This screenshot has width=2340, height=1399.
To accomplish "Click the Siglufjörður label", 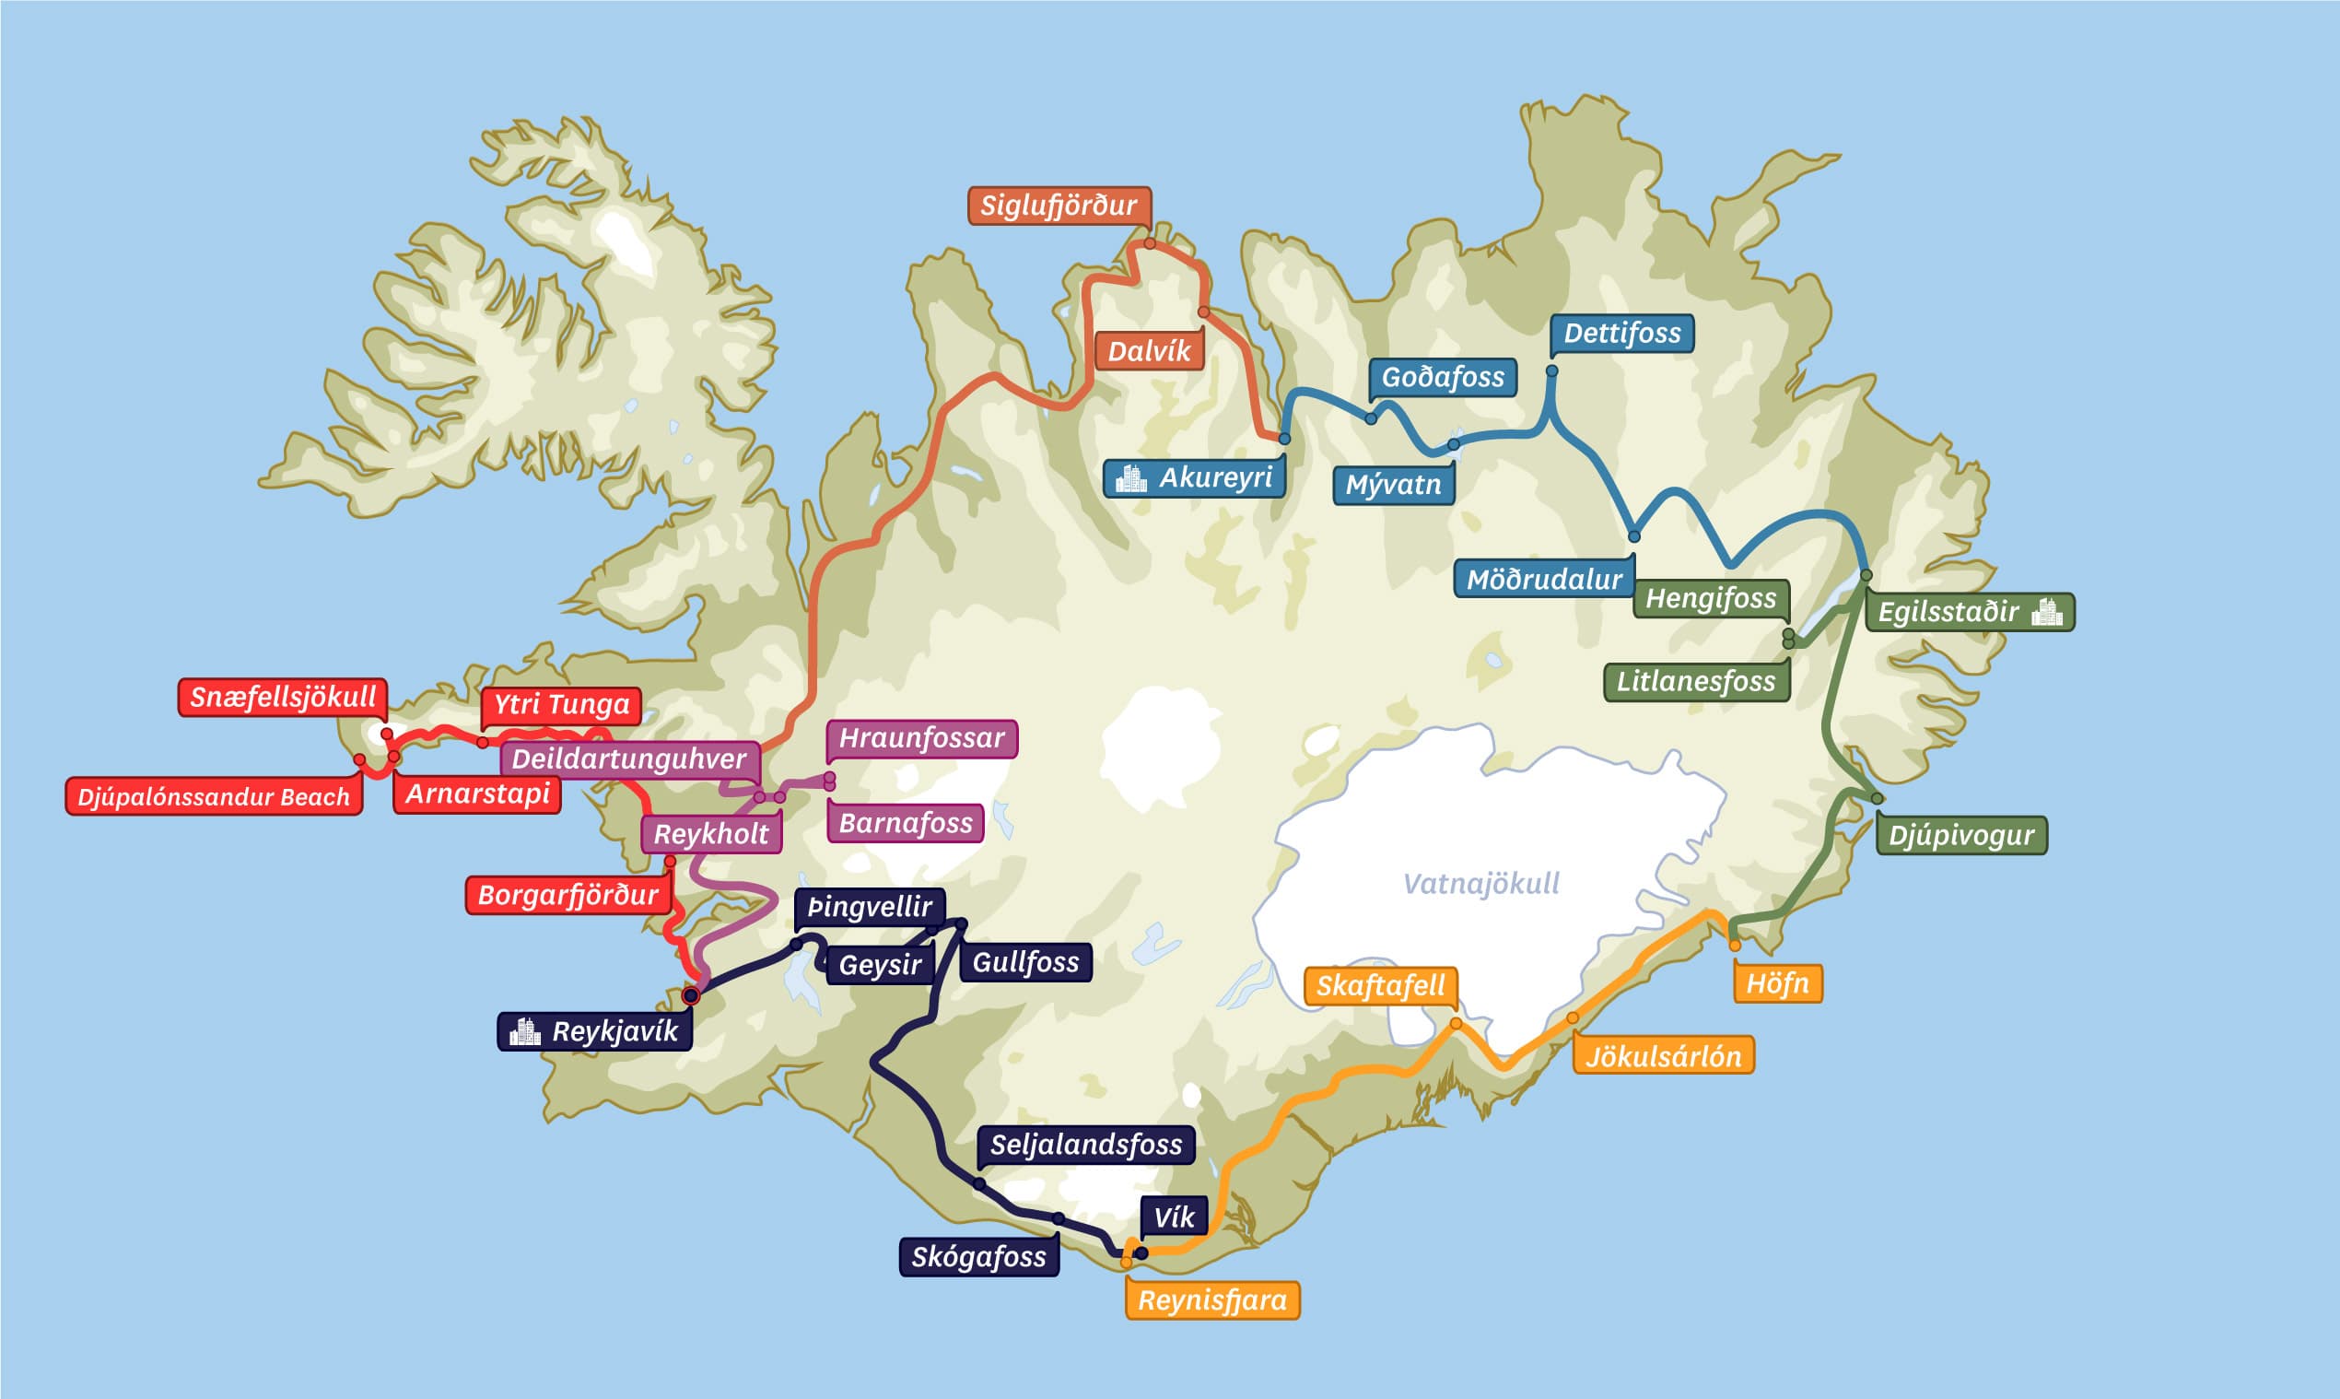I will (x=1059, y=206).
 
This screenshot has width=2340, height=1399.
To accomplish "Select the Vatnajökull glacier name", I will (x=1480, y=883).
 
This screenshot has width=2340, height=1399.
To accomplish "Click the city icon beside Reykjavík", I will (x=524, y=1030).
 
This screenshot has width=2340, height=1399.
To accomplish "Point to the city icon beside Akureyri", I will (x=1130, y=478).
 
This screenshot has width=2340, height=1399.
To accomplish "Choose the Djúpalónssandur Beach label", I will (x=213, y=796).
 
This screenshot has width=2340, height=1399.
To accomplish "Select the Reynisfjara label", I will (x=1212, y=1300).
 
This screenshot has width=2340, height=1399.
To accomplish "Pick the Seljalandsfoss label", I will (x=1085, y=1145).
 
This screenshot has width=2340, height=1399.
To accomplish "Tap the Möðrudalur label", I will (x=1544, y=579).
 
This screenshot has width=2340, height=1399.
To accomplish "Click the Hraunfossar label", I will (x=920, y=737).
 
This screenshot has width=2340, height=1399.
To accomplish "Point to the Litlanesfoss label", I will (x=1695, y=681).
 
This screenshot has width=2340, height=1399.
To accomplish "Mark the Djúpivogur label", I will (x=1960, y=835).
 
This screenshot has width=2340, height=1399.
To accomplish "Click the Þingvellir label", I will (x=869, y=906).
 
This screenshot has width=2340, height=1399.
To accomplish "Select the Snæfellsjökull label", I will (x=283, y=697).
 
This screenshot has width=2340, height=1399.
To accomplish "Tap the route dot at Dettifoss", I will (x=1551, y=370).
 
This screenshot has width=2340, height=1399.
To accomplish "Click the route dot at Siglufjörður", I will (x=1150, y=243).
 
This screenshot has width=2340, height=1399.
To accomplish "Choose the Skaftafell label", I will (x=1380, y=986).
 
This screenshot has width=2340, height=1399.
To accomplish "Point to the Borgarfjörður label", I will (x=567, y=895).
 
